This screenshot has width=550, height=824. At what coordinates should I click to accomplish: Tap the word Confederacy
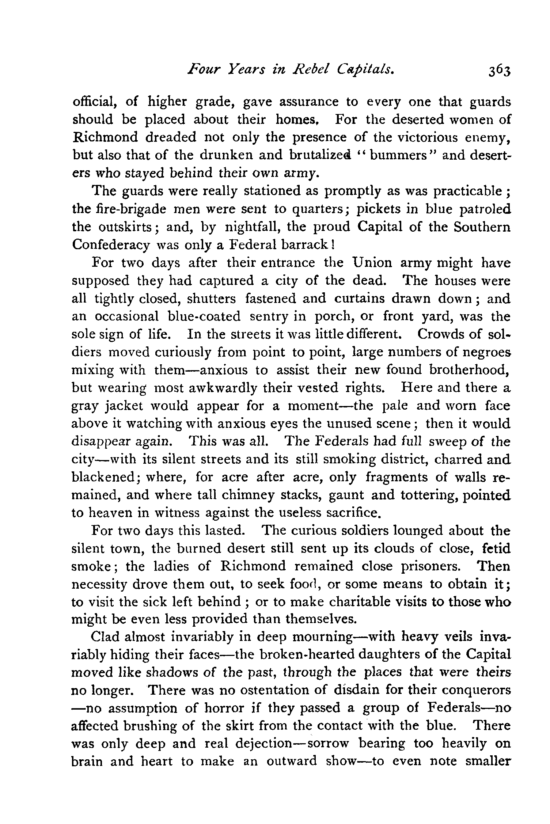[x=110, y=245]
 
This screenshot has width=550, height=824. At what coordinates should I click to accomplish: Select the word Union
[x=373, y=263]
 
